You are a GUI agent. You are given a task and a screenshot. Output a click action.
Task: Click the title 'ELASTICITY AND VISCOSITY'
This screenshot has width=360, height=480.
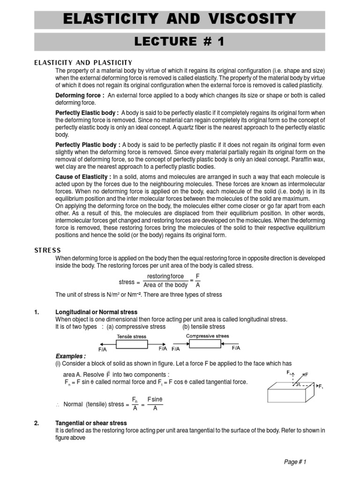coord(180,19)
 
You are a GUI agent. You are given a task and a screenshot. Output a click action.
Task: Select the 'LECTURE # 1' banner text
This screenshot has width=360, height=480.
coord(180,42)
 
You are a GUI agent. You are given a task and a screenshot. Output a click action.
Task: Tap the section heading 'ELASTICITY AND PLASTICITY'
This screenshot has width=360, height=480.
coord(83,63)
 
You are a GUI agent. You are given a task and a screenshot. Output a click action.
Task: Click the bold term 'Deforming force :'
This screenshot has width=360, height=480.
coord(80,95)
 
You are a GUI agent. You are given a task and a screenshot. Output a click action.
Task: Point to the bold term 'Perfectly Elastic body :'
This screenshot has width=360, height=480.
coord(87,113)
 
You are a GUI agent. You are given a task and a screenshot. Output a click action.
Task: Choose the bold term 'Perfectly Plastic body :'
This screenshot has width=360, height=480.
coord(88,145)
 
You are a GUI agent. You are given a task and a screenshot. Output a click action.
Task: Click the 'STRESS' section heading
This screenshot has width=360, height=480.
coord(47,250)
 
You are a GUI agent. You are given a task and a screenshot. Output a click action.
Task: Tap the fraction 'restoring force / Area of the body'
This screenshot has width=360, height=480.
coord(165,281)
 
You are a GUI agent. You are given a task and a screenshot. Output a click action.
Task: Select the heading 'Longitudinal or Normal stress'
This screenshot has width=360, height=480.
coord(97,312)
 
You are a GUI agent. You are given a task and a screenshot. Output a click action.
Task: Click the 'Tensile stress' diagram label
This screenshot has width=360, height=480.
coord(131,337)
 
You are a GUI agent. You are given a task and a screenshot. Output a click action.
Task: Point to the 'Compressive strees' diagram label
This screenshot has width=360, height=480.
coord(208,336)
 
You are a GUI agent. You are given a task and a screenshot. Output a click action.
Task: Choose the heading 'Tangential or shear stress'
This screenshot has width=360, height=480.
coord(91,423)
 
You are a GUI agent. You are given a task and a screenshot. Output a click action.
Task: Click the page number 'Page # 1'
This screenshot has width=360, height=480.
coord(295,462)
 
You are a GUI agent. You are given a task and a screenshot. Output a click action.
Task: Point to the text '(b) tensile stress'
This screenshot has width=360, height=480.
coord(204,326)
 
